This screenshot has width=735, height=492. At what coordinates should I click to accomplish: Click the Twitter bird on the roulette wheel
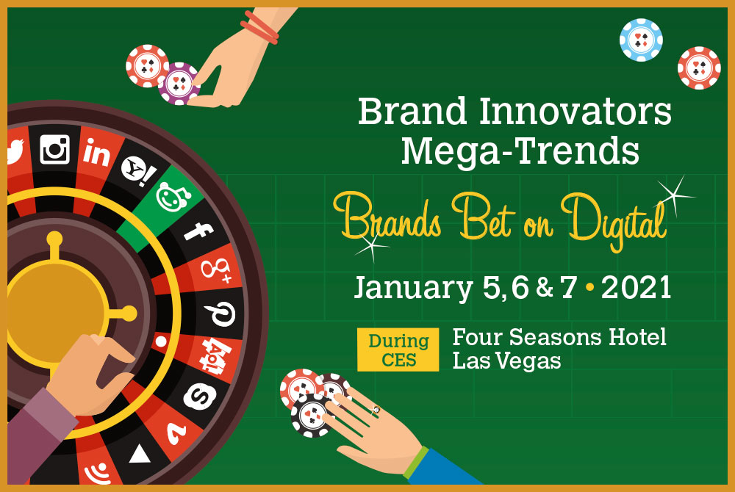15,151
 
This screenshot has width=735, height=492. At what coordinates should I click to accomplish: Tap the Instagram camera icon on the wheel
55,149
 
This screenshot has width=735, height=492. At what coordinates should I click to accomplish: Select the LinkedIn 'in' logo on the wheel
96,152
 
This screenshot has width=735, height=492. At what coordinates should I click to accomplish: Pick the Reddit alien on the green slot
171,197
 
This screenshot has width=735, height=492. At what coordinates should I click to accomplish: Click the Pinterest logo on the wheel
220,313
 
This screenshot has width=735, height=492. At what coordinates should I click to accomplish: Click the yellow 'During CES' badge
398,350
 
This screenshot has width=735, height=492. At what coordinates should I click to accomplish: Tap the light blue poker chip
641,40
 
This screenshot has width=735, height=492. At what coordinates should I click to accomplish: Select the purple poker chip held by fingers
178,83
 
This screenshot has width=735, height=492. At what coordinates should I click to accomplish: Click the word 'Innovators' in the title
576,112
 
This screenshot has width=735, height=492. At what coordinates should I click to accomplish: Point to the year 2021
636,287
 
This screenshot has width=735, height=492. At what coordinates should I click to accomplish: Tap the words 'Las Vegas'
506,361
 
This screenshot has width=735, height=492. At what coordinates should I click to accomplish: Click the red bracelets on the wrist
259,28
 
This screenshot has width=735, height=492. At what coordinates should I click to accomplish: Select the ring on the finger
376,410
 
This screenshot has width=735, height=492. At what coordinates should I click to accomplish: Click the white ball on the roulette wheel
161,341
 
